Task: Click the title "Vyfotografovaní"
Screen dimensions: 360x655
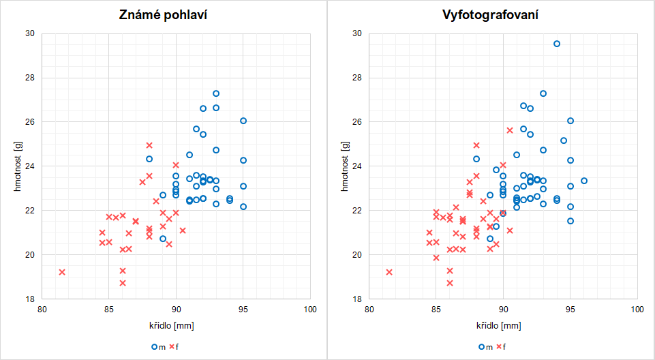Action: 491,14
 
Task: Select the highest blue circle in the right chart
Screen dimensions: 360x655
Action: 557,44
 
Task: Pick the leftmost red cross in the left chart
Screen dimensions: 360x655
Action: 62,272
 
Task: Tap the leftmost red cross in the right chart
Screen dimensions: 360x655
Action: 389,272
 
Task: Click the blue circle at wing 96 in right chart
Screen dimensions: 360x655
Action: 584,181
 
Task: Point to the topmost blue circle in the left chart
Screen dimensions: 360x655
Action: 216,93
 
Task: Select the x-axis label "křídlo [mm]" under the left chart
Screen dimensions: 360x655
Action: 176,327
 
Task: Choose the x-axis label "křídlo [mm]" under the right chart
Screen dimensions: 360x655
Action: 503,327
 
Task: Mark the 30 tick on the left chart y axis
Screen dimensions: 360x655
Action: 31,33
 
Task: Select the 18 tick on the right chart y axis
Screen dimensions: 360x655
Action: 359,299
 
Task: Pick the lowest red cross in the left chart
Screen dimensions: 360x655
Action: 123,283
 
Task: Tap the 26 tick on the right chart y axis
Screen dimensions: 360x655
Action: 359,122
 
